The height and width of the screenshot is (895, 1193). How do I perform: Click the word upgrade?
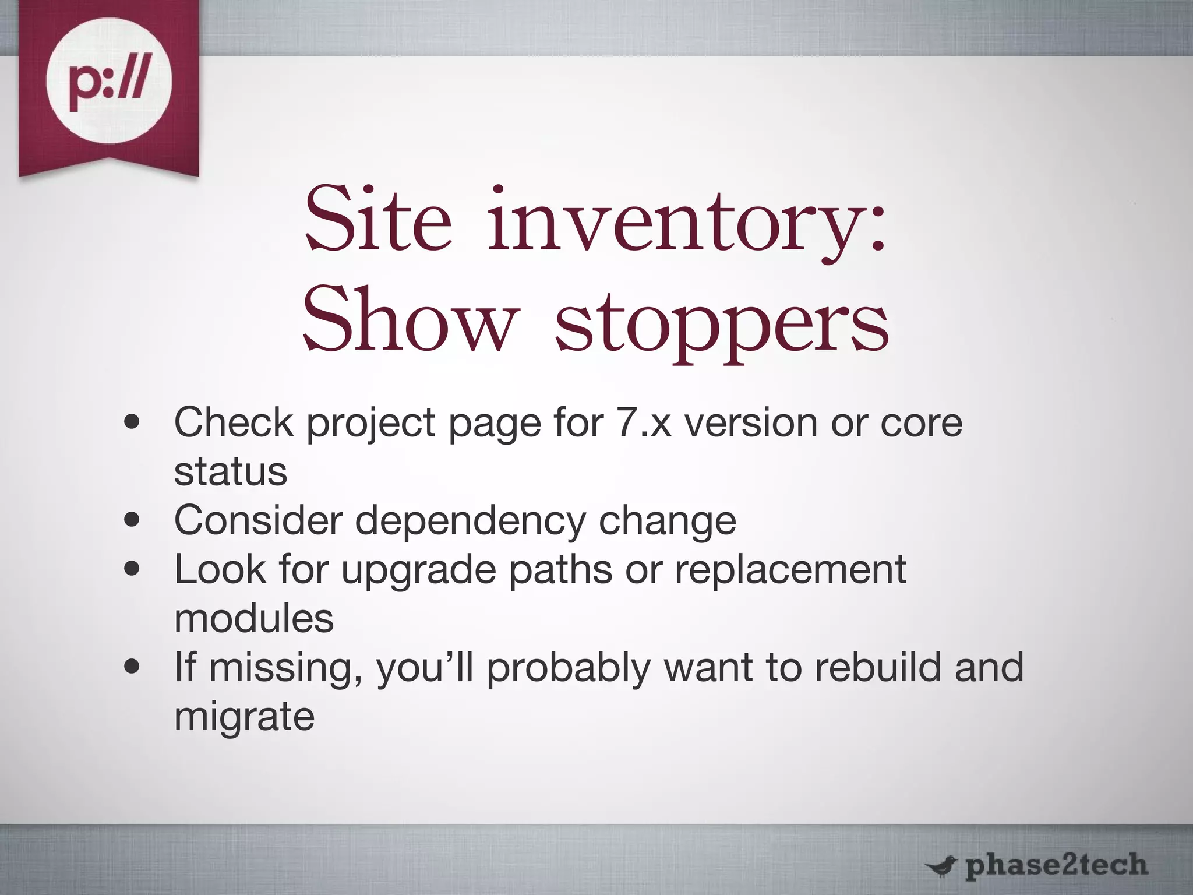(418, 570)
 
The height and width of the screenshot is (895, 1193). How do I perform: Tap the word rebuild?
(878, 667)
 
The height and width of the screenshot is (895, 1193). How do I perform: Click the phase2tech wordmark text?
(1056, 866)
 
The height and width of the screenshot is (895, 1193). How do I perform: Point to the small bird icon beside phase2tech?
(941, 867)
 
